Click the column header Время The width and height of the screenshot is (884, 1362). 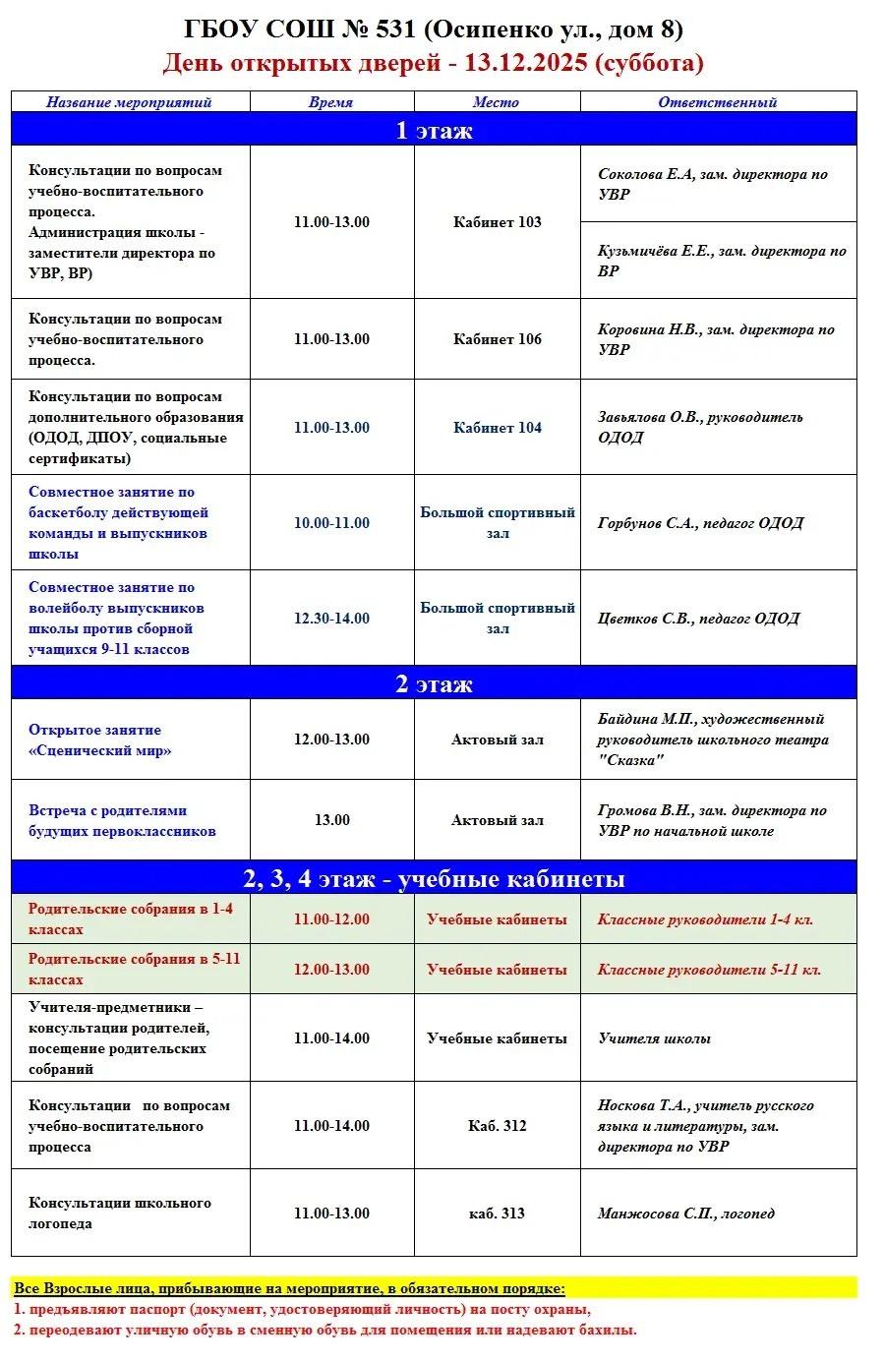click(x=331, y=102)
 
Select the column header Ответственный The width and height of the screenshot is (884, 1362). click(x=717, y=102)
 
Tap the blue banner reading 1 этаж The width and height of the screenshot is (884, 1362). click(x=434, y=131)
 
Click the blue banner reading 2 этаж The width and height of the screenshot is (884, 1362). click(x=434, y=683)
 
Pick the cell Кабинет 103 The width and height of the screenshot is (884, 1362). click(x=497, y=222)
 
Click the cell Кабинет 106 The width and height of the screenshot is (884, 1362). click(x=497, y=339)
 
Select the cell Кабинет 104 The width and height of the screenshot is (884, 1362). click(x=497, y=428)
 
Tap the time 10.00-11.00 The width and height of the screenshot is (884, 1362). click(x=331, y=523)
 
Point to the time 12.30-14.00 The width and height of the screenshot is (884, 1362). click(x=331, y=619)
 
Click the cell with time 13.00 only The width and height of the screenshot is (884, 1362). click(x=331, y=820)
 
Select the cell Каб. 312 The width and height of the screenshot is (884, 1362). click(x=497, y=1126)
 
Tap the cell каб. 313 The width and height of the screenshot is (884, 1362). click(x=497, y=1214)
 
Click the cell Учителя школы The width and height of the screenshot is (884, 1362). click(x=654, y=1038)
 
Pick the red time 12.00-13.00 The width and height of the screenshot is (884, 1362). click(x=331, y=970)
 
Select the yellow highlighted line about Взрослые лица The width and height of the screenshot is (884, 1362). click(x=290, y=1288)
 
